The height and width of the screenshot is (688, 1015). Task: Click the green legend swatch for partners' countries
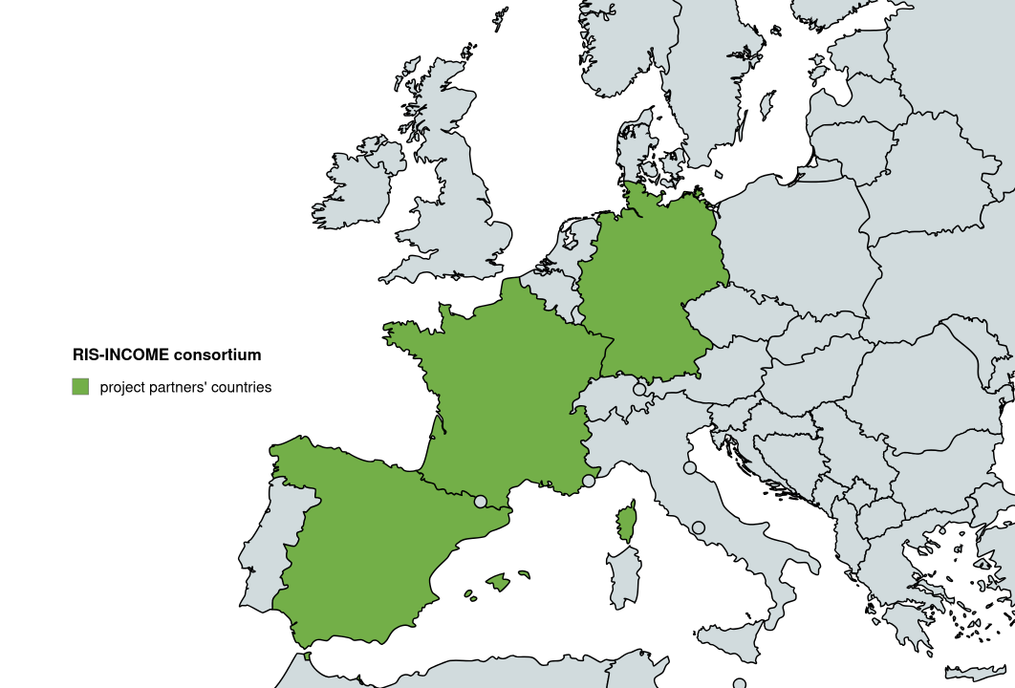point(80,387)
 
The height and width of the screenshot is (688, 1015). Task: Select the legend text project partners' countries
point(185,387)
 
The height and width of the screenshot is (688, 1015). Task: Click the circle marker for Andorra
point(481,501)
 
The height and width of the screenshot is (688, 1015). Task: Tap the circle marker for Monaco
point(589,481)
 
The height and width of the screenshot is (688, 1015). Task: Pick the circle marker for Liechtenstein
point(639,389)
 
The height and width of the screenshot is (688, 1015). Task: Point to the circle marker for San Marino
point(690,467)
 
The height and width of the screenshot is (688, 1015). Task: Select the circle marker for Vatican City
point(699,527)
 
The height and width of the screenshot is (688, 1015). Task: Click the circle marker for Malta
point(739,684)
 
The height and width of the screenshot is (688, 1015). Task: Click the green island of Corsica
point(627,523)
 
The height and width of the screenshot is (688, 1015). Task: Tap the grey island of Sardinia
point(623,575)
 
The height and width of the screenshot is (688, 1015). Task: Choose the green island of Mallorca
point(497,581)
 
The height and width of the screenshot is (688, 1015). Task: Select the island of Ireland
point(358,186)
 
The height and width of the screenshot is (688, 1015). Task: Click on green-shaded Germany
point(650,287)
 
